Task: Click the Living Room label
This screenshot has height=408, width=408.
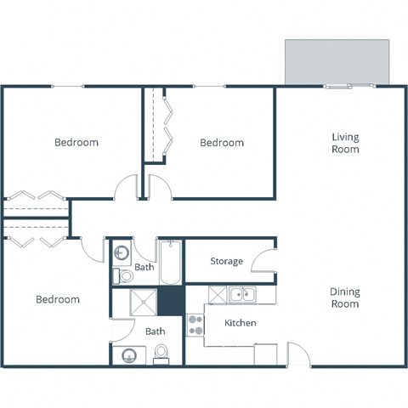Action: (345, 143)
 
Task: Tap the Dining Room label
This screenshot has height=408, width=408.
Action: (345, 297)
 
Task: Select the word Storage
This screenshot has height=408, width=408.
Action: (227, 261)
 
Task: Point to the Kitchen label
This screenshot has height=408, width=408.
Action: (240, 323)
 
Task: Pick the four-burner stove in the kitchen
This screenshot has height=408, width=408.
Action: (195, 325)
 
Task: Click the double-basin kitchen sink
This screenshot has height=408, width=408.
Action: (243, 295)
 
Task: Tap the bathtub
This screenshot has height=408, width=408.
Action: (169, 263)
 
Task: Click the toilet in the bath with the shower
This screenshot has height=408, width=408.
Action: (161, 356)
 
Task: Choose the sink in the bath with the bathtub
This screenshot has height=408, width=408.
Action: (122, 253)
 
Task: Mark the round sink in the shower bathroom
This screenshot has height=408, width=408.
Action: (129, 355)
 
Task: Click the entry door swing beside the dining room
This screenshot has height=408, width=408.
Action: (297, 354)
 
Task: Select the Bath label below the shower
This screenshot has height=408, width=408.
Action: (154, 331)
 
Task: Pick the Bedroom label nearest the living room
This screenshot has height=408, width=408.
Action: (222, 143)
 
